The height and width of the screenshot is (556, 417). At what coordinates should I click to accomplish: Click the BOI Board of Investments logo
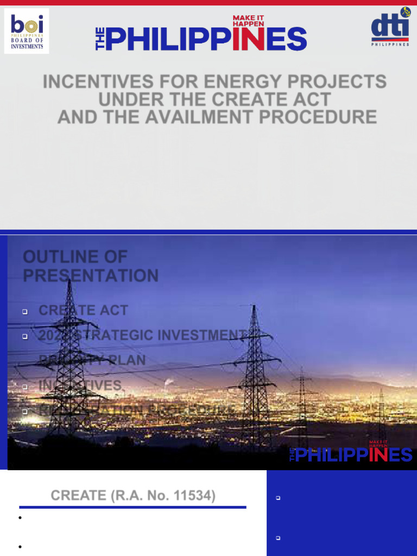coord(27,31)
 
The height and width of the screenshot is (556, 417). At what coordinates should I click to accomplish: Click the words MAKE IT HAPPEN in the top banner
coord(248,21)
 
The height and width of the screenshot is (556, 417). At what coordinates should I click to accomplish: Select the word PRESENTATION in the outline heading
coord(91,275)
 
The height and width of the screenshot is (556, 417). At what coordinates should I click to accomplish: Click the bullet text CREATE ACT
coord(83,311)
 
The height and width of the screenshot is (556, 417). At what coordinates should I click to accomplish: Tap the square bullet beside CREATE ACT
coord(25,312)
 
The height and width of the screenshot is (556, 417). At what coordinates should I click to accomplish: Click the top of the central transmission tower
coord(254,308)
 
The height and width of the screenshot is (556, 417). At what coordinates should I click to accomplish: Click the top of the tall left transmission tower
coord(69,282)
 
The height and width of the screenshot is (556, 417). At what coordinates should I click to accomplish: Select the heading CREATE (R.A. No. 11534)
coord(132,495)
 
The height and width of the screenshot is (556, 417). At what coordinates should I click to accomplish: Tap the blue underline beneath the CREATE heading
coord(132,507)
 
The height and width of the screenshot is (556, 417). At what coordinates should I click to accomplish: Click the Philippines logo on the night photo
coord(351,453)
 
